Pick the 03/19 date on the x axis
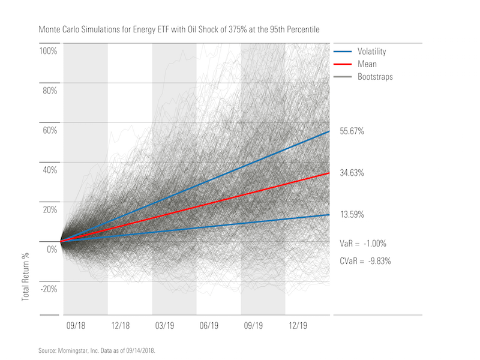click(165, 325)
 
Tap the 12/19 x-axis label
click(298, 325)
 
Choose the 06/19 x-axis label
click(209, 325)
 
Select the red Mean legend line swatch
click(342, 64)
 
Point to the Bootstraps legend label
click(375, 77)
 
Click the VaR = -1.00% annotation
click(362, 244)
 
